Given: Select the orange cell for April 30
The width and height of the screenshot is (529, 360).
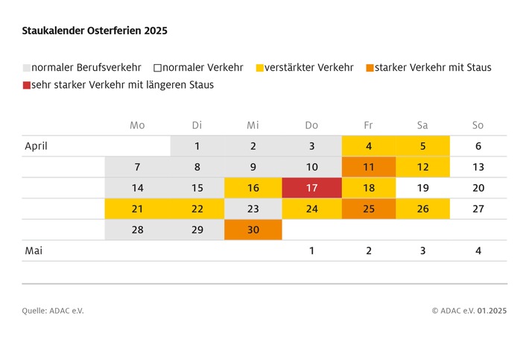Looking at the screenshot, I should tap(253, 230).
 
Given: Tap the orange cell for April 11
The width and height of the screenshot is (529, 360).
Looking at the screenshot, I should tap(369, 167).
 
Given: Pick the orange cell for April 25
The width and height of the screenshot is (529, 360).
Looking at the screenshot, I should tap(369, 209).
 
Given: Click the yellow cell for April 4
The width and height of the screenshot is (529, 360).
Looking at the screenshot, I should tap(369, 146).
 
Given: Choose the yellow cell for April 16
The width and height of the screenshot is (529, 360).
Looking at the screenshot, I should tap(253, 188).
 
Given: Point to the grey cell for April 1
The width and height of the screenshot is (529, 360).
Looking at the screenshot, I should tap(197, 146).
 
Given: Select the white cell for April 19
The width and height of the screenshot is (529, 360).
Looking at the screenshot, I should tap(422, 188).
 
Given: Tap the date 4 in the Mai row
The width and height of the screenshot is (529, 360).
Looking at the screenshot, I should tap(478, 251).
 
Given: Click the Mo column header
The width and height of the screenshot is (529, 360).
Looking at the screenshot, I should tap(137, 125).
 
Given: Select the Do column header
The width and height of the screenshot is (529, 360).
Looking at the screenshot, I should tap(311, 125).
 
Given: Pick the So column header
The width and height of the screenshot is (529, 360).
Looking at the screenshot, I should tap(478, 125).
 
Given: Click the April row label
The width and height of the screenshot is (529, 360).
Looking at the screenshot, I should tap(35, 146).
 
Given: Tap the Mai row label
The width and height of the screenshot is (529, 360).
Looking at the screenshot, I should tap(33, 251).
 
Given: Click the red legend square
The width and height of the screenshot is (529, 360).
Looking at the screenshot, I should tap(27, 85).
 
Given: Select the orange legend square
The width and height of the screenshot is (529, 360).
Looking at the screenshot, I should tap(370, 68).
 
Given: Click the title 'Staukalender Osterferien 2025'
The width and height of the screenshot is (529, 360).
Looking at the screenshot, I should tap(95, 31).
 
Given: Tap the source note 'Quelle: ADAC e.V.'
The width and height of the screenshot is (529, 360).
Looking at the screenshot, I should tap(53, 311).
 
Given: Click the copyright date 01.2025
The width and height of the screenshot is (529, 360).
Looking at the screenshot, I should tap(492, 311).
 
